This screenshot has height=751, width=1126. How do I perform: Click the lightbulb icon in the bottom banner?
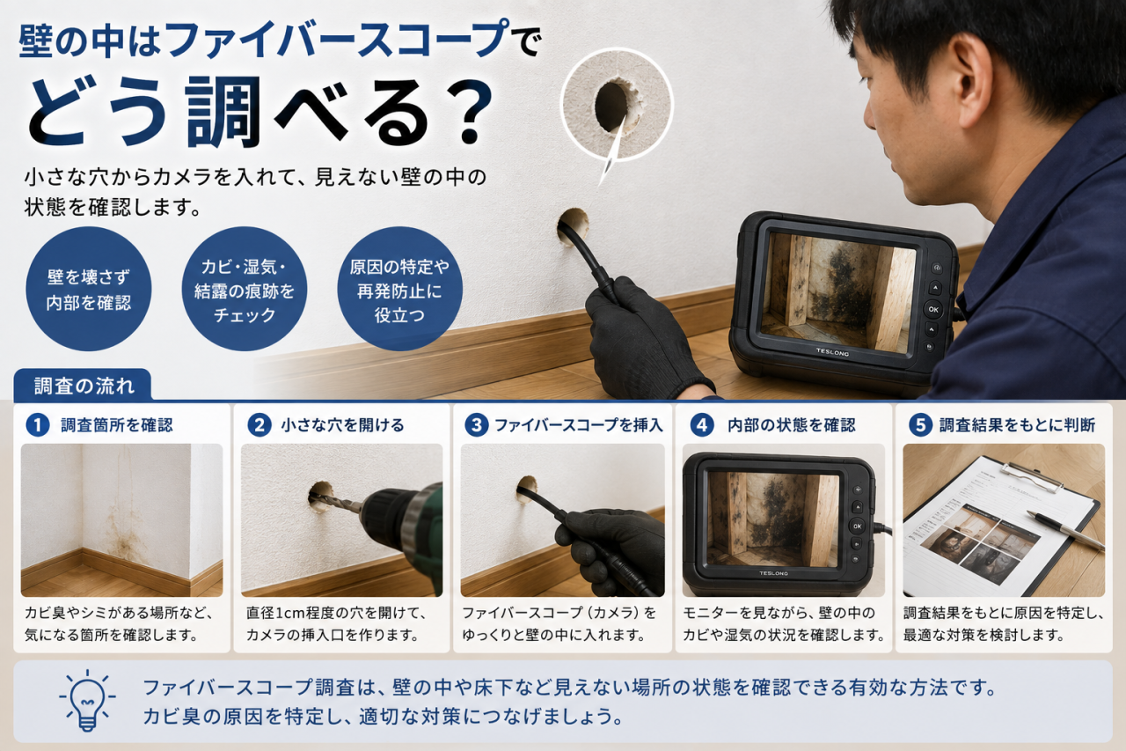87,700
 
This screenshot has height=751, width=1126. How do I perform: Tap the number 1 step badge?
37,425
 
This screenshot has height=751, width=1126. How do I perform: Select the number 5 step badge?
920,425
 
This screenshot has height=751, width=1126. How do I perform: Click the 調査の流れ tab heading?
84,387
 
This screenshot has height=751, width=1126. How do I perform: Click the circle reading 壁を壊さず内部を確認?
89,290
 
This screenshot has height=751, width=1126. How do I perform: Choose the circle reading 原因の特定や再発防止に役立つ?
399,290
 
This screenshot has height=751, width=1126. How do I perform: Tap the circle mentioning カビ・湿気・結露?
245,290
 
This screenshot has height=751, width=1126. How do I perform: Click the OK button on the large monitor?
933,309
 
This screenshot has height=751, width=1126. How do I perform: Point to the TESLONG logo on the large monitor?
832,353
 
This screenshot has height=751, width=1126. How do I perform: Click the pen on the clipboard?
1065,531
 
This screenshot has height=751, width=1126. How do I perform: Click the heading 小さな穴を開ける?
342,425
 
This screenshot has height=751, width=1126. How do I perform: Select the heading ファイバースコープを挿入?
578,425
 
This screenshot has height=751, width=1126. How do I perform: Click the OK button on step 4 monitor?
857,526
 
